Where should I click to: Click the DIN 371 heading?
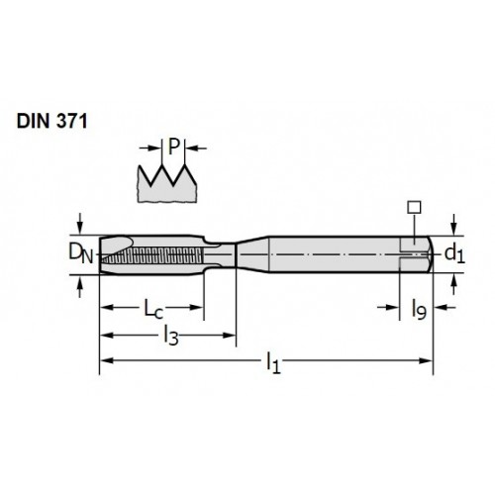click(51, 121)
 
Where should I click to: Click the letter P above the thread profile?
click(173, 147)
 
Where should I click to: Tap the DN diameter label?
click(81, 253)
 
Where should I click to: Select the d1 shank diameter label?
click(454, 254)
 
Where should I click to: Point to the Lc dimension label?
click(153, 309)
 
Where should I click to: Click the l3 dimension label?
click(171, 336)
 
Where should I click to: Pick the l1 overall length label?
click(273, 362)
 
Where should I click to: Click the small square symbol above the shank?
click(414, 207)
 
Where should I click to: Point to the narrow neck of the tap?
click(220, 254)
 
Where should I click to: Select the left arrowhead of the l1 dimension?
click(106, 360)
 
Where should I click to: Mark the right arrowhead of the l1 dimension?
click(426, 360)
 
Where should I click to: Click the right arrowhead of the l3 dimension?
click(230, 336)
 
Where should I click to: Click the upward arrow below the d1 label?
click(454, 284)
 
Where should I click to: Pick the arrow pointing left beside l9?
click(445, 308)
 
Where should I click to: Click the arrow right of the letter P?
click(196, 148)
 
